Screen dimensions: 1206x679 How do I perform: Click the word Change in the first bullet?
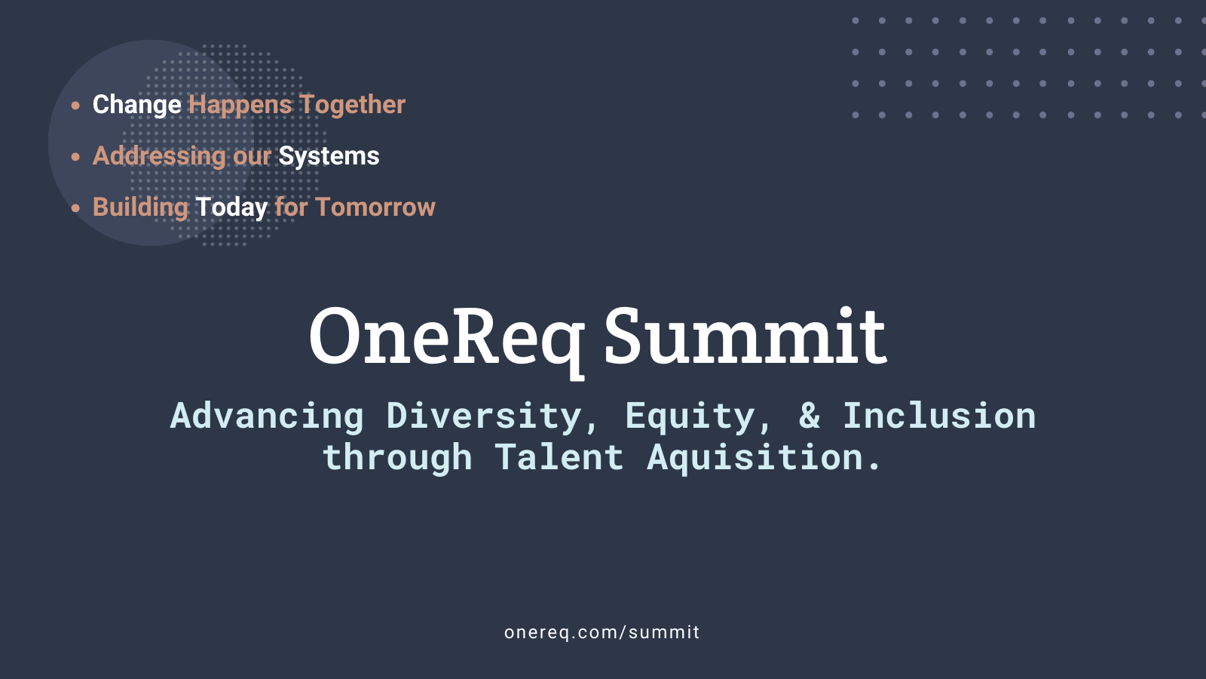[136, 105]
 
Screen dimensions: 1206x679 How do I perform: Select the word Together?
[351, 104]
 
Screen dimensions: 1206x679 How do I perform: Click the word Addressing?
[159, 156]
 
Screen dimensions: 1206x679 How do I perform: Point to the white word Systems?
[329, 156]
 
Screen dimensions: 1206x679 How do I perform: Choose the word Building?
[140, 207]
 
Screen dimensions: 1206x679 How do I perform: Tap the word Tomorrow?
[375, 207]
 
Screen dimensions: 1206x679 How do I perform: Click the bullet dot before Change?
[75, 105]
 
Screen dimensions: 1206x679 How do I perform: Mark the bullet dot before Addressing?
[75, 157]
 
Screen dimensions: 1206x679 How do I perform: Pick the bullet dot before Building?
[75, 208]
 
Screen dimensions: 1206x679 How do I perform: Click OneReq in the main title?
[447, 340]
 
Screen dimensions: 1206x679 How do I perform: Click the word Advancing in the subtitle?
[267, 416]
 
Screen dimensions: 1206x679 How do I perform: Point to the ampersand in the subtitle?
[810, 416]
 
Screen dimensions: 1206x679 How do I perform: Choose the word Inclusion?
[939, 416]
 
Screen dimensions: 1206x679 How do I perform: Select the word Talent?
[559, 457]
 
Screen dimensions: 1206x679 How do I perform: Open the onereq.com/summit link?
[602, 632]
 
